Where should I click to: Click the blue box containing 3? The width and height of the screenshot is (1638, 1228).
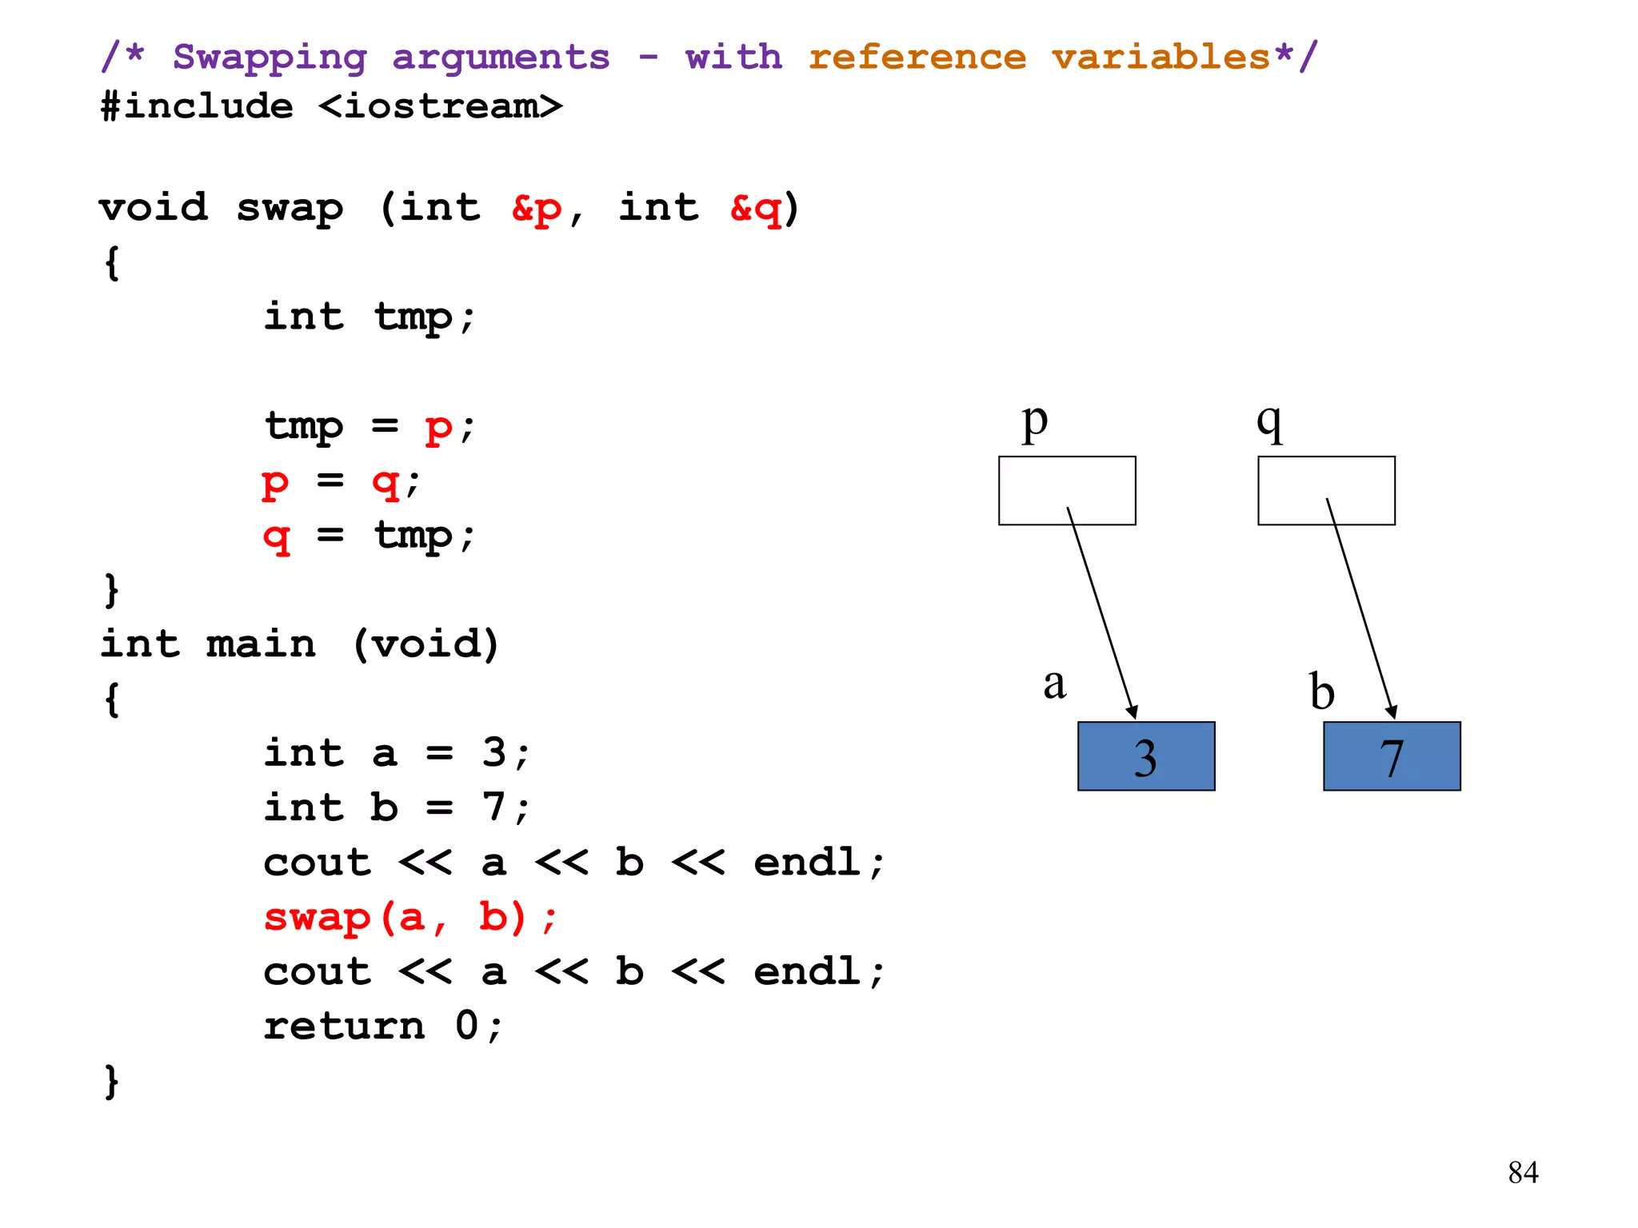click(x=1145, y=756)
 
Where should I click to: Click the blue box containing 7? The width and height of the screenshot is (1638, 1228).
click(x=1391, y=756)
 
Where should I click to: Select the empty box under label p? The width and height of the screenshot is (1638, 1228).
click(x=1066, y=490)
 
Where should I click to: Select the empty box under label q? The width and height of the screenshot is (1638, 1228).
click(x=1325, y=490)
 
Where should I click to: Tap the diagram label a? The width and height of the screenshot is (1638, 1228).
click(x=1054, y=684)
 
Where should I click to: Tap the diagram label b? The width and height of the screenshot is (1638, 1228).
click(x=1321, y=691)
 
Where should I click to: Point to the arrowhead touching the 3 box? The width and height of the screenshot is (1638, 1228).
click(x=1132, y=712)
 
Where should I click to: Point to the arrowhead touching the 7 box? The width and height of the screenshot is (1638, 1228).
click(x=1392, y=712)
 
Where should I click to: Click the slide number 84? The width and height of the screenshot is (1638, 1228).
click(x=1523, y=1172)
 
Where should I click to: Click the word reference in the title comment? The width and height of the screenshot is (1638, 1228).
click(x=917, y=58)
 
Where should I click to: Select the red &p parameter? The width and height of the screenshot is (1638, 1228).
click(x=537, y=209)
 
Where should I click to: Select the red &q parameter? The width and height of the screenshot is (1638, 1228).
click(x=755, y=209)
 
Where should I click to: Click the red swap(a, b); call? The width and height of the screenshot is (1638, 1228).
click(x=409, y=917)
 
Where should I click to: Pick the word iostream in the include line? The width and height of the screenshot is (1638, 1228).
click(x=440, y=107)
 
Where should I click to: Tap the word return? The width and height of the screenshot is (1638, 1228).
click(x=344, y=1026)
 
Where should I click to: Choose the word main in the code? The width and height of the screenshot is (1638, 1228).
click(x=261, y=644)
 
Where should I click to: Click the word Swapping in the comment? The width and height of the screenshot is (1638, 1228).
click(x=270, y=58)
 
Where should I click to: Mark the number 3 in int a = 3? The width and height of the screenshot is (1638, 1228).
click(x=493, y=752)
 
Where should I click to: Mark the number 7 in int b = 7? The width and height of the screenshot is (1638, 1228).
click(x=493, y=807)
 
